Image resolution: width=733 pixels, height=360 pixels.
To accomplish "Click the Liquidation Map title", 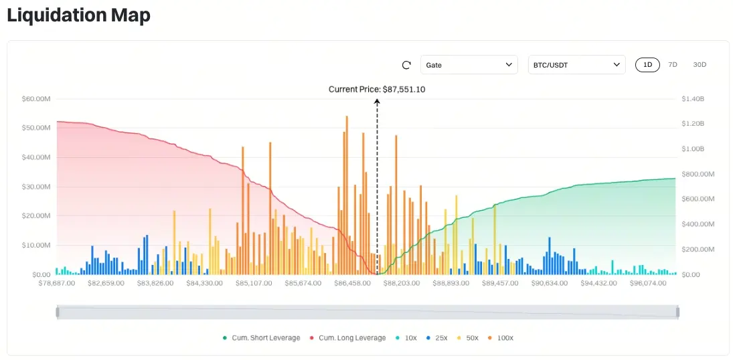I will [78, 15].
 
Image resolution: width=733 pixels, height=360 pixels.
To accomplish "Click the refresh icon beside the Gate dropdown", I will [406, 65].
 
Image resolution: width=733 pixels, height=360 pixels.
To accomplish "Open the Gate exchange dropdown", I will [469, 65].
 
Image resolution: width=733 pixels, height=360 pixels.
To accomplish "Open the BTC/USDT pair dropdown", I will [576, 65].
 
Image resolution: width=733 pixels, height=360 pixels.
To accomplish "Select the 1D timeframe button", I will [647, 65].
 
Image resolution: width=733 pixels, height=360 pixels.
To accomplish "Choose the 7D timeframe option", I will [673, 65].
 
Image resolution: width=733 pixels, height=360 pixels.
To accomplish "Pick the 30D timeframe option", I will [700, 65].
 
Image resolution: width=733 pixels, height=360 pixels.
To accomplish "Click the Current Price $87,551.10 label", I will [377, 89].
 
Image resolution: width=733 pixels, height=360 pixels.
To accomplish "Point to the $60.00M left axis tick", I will [36, 98].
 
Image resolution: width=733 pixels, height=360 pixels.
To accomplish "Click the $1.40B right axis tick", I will [693, 98].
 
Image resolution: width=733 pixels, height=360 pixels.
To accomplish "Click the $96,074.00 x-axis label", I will [647, 283].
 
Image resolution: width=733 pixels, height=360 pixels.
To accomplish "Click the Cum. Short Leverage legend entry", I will [262, 338].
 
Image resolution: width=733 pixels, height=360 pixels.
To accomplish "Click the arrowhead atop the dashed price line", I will [377, 102].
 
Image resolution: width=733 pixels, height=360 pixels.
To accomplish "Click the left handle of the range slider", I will [58, 312].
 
